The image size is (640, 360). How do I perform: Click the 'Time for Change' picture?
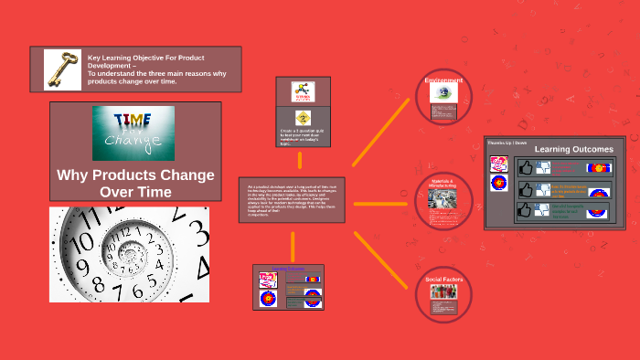click(x=133, y=132)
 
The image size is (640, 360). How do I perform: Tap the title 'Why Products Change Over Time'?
click(x=135, y=183)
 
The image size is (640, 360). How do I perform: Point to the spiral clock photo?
click(x=129, y=254)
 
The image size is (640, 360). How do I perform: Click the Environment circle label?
click(x=443, y=80)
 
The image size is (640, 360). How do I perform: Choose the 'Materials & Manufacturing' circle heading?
click(x=443, y=183)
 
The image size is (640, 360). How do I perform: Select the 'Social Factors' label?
click(x=443, y=279)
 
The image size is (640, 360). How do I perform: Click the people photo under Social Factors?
click(x=443, y=292)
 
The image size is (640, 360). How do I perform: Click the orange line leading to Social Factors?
click(x=382, y=260)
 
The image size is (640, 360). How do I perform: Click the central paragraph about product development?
click(x=292, y=199)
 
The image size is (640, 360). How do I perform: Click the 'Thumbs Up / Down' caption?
click(x=507, y=143)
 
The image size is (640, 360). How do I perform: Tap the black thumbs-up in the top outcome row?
click(x=525, y=168)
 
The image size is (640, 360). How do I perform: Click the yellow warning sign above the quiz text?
click(x=303, y=117)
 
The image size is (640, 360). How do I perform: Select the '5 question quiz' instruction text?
click(x=303, y=137)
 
